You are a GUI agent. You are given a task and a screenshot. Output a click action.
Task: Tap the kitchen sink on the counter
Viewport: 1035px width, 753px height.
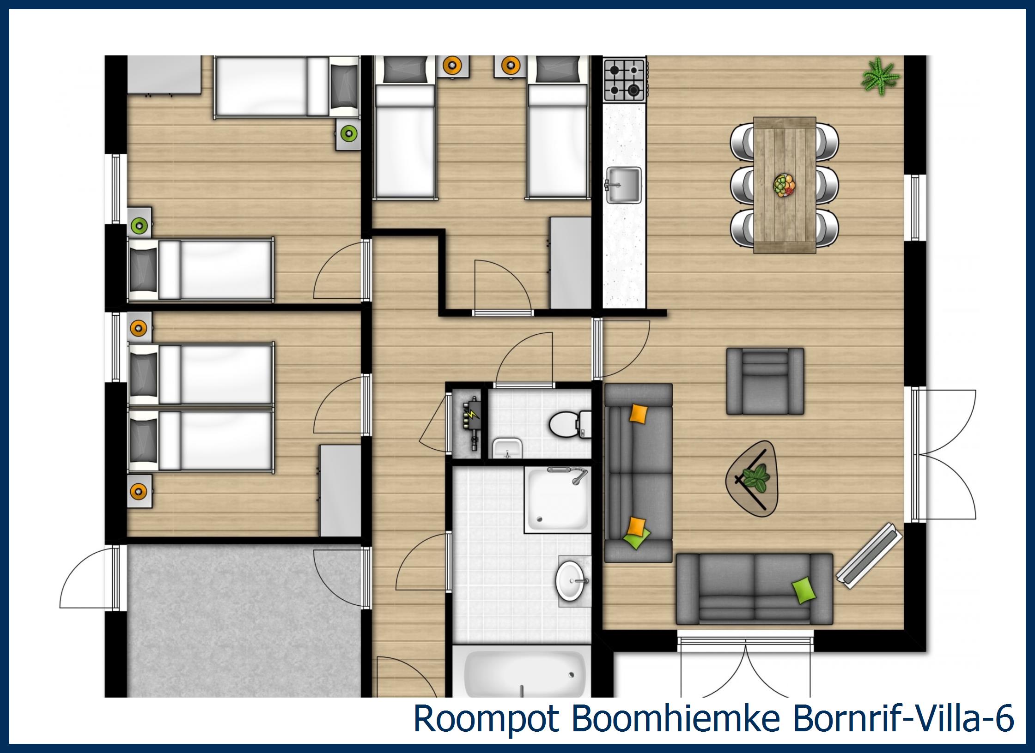(623, 185)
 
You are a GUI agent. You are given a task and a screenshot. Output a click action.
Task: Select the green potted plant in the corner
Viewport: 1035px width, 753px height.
(880, 78)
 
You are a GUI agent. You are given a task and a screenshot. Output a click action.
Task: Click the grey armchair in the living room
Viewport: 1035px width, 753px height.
(765, 381)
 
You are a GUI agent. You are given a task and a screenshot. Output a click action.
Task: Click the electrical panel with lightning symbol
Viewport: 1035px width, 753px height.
(471, 422)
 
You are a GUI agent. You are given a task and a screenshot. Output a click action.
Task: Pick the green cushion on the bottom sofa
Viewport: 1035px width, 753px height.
(804, 590)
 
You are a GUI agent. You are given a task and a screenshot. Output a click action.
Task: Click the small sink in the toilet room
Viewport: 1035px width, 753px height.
(506, 447)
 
